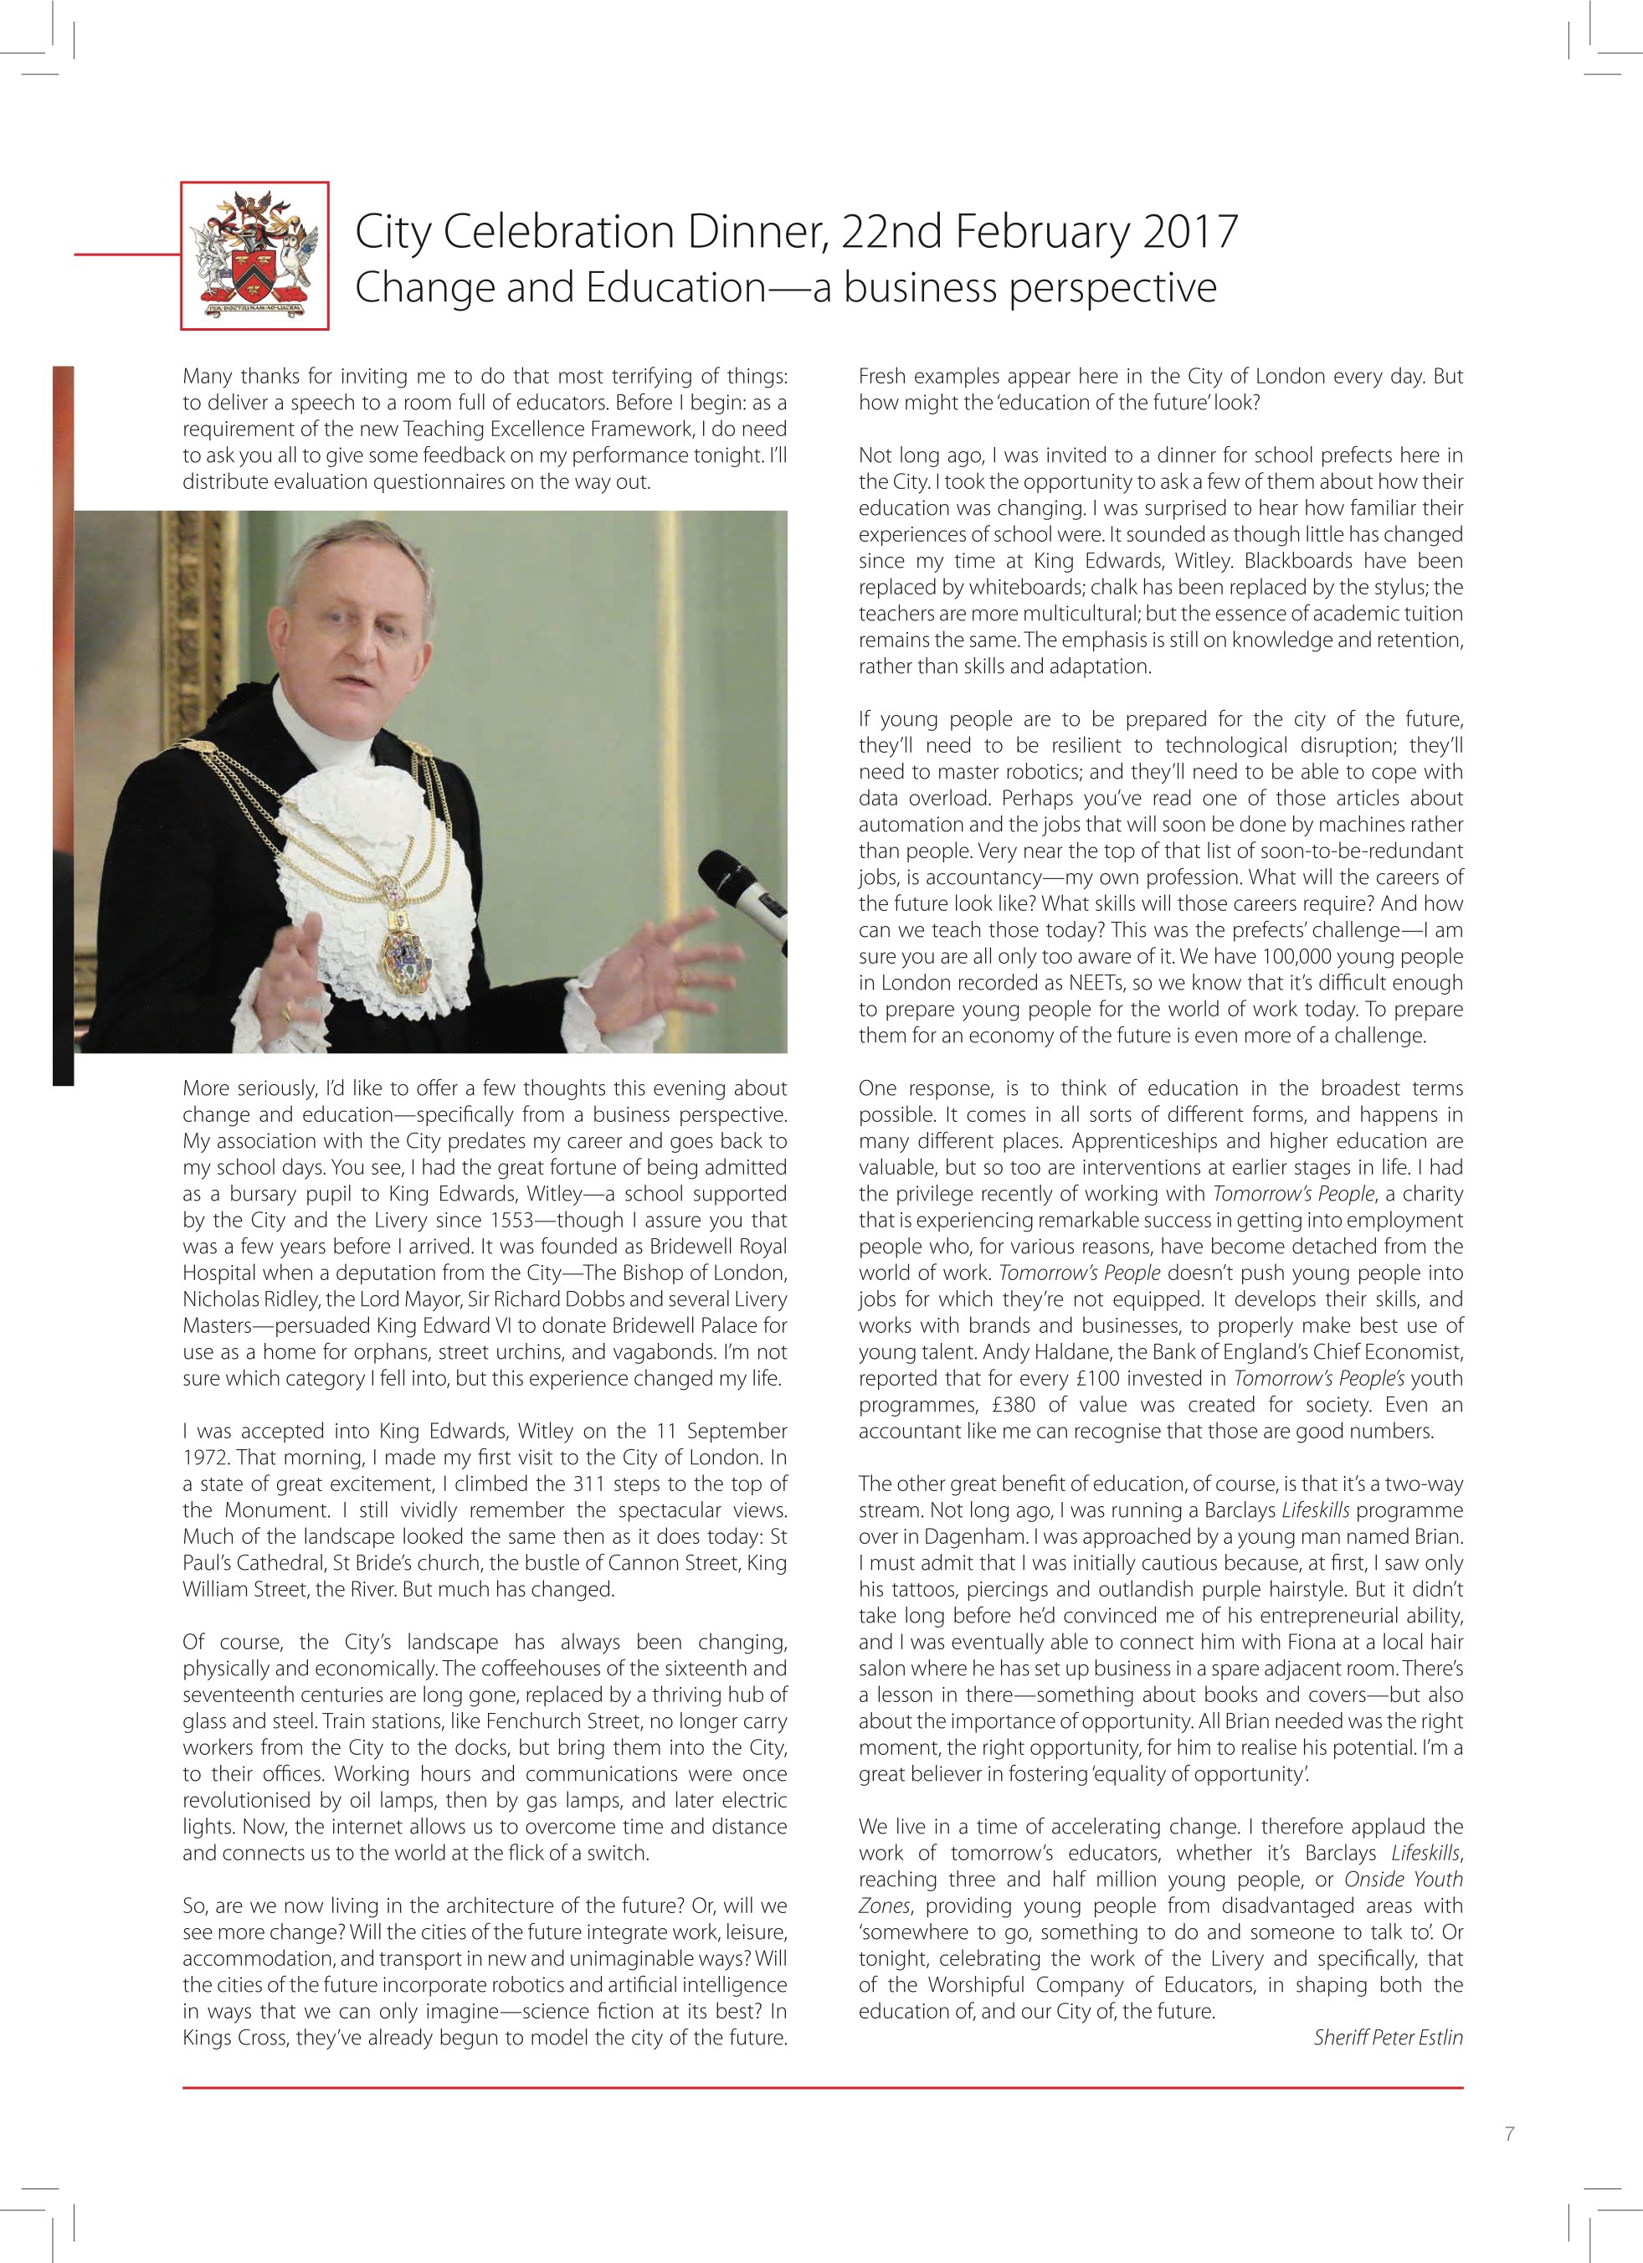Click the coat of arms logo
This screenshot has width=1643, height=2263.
pos(254,255)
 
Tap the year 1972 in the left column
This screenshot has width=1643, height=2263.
pos(204,1458)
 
